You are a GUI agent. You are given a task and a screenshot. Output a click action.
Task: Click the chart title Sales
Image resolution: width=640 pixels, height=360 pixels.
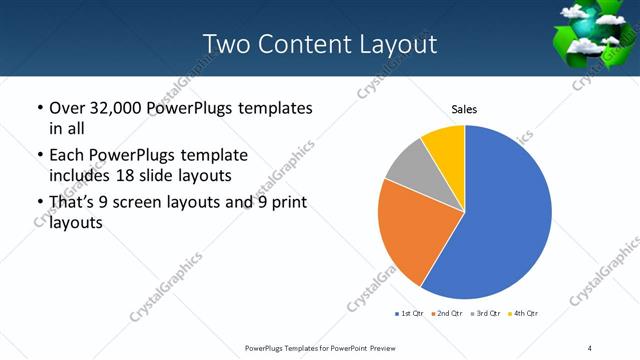[x=464, y=108]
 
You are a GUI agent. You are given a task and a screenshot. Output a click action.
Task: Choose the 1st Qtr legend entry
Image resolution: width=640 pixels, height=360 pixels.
[x=410, y=314]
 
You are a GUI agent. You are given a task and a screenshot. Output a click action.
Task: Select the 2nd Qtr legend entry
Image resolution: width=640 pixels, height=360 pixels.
[x=447, y=314]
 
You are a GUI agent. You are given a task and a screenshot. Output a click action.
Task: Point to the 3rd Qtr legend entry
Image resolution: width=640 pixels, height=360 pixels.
[x=485, y=314]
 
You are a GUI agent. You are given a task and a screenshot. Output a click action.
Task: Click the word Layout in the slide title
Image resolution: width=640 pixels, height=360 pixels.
[x=398, y=44]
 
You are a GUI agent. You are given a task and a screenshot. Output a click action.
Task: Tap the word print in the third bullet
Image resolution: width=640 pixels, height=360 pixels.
[x=288, y=203]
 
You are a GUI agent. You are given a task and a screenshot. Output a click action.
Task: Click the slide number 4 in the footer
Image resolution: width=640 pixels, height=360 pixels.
[x=590, y=347]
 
